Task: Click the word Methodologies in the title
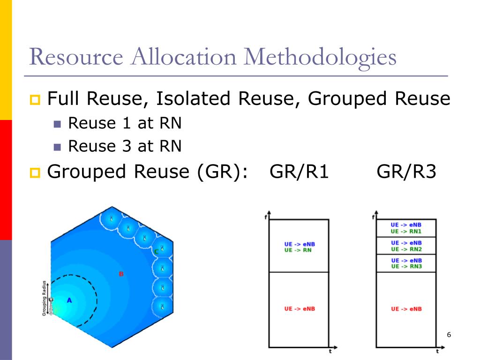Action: point(320,58)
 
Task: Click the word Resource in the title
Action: point(76,57)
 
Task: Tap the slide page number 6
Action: point(449,335)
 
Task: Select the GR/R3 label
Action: point(406,172)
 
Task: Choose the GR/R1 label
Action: point(299,172)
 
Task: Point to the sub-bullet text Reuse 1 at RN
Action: point(125,123)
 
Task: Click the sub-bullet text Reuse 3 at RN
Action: point(125,147)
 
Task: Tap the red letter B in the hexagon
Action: point(121,274)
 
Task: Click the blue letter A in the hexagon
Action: point(69,300)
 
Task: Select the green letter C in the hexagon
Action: point(156,252)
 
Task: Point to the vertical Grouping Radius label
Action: point(45,298)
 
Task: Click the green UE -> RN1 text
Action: point(406,231)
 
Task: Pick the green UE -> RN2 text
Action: point(406,249)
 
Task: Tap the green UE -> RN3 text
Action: point(406,266)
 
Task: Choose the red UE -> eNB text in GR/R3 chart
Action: point(406,309)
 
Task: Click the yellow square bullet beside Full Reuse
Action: point(36,100)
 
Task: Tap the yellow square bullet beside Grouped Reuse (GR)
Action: point(36,173)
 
